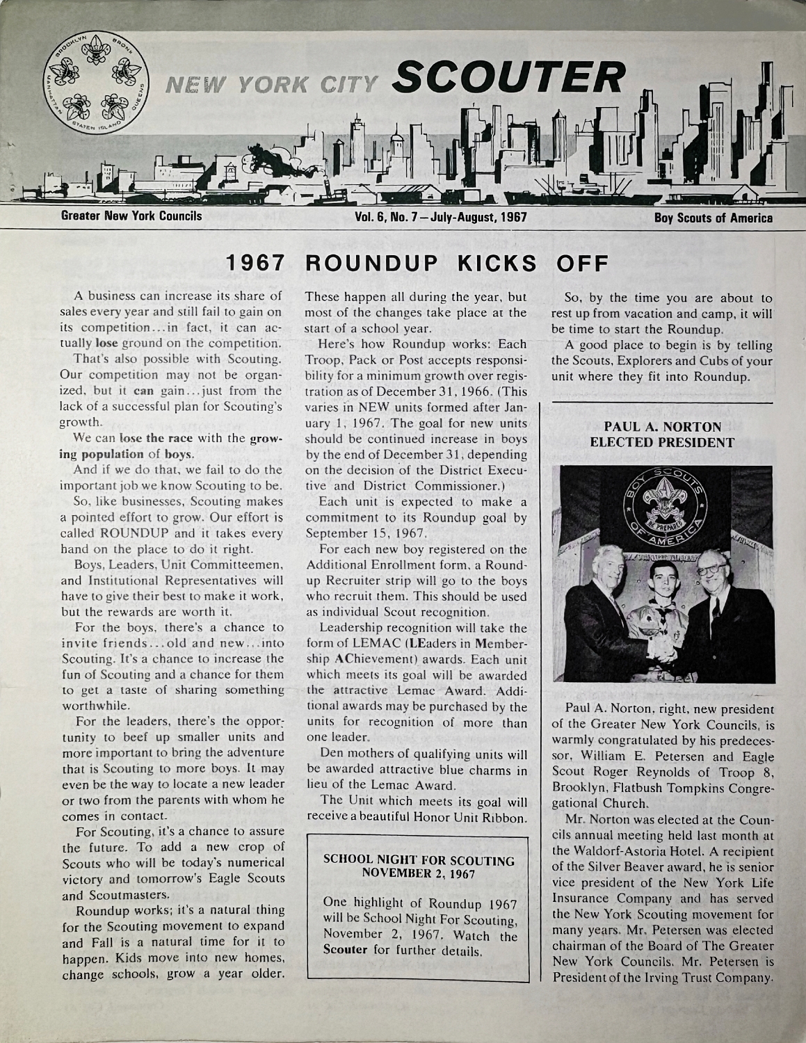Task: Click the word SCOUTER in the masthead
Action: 505,77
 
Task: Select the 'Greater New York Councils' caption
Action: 131,216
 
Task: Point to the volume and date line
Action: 440,217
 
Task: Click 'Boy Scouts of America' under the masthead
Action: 713,218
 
